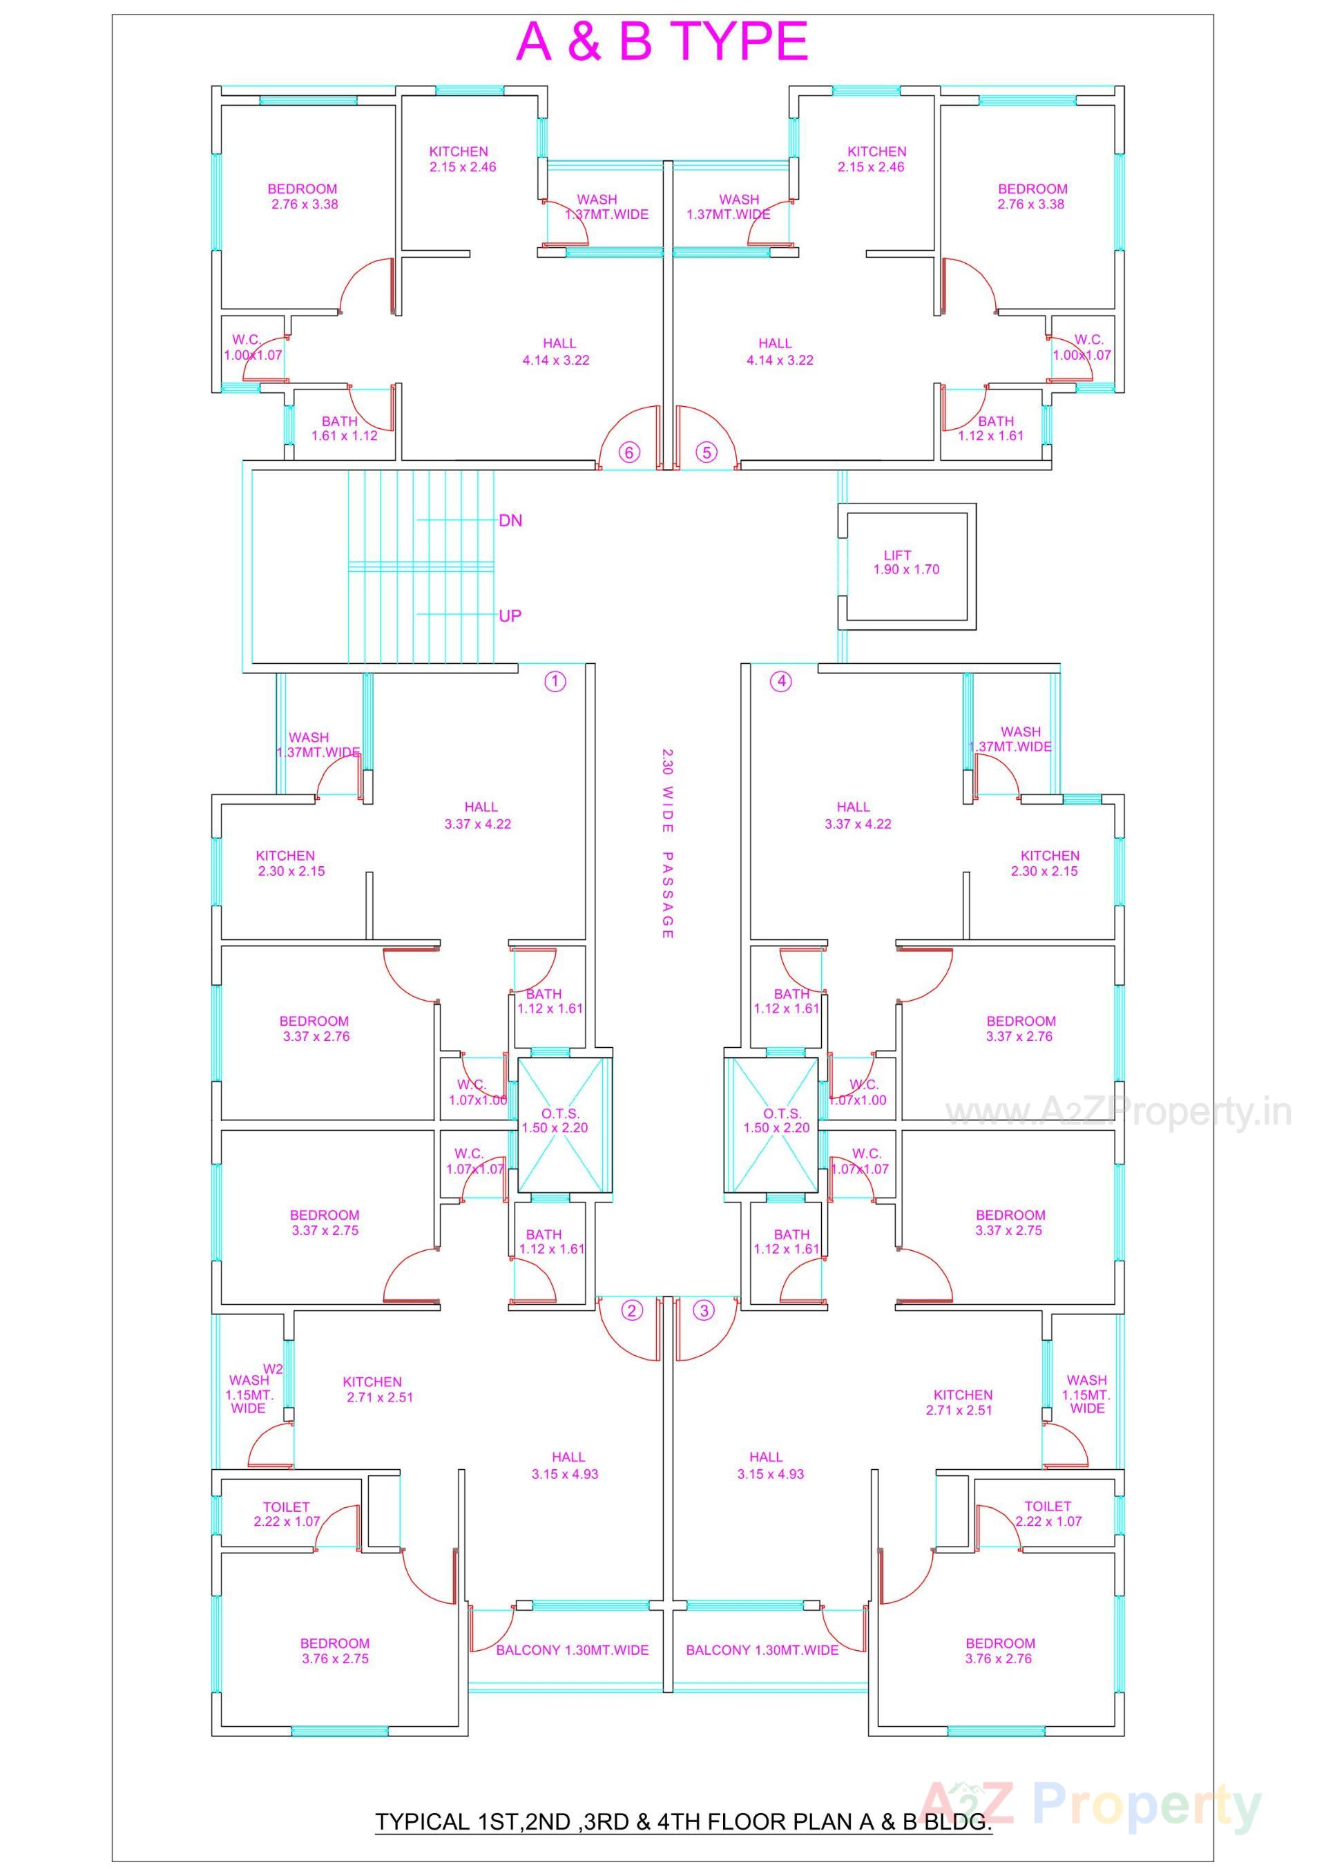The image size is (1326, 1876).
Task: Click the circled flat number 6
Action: (628, 452)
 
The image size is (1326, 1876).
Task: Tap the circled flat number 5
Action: (707, 452)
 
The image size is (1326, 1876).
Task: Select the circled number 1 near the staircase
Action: (555, 682)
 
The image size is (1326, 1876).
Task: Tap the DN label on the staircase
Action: (510, 521)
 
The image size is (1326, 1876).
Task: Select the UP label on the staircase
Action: (510, 615)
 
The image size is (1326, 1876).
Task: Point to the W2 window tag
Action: (273, 1368)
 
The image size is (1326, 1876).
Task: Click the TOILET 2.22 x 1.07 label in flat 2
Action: (286, 1513)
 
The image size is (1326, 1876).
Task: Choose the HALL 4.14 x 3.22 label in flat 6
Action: (557, 352)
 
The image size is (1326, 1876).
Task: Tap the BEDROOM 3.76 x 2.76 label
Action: (999, 1651)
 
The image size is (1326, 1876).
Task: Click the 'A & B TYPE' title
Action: (662, 43)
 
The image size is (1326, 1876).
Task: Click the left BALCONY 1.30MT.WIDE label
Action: (572, 1649)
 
